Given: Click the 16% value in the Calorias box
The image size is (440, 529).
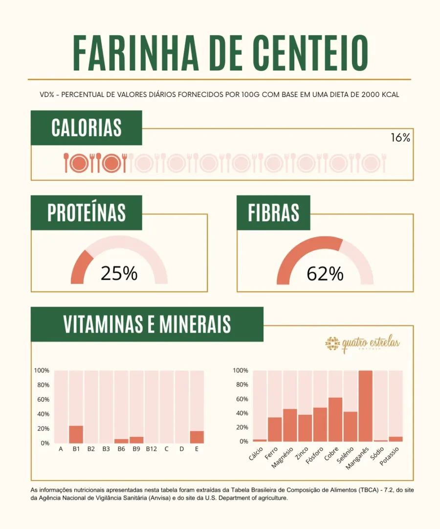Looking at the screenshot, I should tap(400, 138).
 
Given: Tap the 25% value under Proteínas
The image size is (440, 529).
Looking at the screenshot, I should tap(119, 274).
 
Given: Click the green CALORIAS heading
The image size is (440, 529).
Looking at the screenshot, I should tap(87, 128).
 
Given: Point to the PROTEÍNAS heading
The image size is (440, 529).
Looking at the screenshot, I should tap(87, 213).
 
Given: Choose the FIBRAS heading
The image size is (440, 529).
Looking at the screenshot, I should tap(273, 213).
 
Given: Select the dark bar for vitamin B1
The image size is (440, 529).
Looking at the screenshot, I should tap(76, 434).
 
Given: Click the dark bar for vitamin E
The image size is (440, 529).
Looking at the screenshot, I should tap(197, 437).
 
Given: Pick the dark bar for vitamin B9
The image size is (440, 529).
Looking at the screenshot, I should tap(136, 440).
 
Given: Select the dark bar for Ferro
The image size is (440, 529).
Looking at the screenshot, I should tap(275, 429).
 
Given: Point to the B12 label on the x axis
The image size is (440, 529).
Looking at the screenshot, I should tap(151, 448).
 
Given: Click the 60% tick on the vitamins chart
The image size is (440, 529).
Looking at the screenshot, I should tap(43, 400).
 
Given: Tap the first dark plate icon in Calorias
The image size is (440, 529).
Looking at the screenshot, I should tap(78, 163).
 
